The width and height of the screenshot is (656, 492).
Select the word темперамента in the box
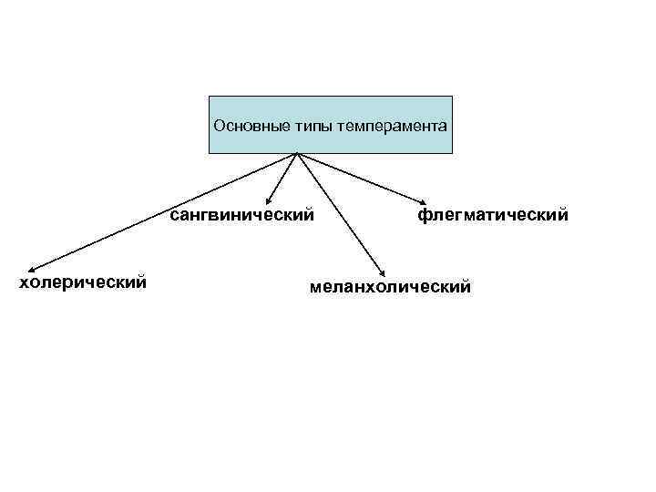392,125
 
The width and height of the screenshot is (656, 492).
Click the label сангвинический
241,216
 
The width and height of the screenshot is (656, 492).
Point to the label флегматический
493,216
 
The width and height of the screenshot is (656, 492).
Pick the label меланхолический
390,288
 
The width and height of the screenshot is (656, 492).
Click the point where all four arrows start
298,153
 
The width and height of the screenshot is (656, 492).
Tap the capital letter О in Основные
219,125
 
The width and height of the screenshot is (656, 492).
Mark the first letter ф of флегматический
424,216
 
